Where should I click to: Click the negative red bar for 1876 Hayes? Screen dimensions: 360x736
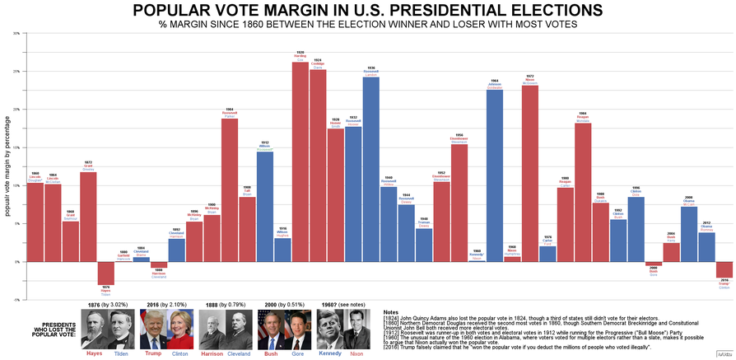(x=105, y=273)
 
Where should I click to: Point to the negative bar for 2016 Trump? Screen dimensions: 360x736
(x=724, y=269)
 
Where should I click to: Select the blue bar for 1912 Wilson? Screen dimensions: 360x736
(x=265, y=206)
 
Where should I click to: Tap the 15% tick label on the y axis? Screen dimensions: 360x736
(x=16, y=147)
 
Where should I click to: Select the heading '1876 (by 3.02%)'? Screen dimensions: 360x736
(x=109, y=304)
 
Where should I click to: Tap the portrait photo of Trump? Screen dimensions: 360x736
(x=153, y=330)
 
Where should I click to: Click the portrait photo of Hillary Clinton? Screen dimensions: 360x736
(x=179, y=330)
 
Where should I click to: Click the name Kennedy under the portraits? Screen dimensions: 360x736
(x=330, y=353)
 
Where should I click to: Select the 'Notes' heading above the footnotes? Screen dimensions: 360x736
(x=392, y=312)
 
